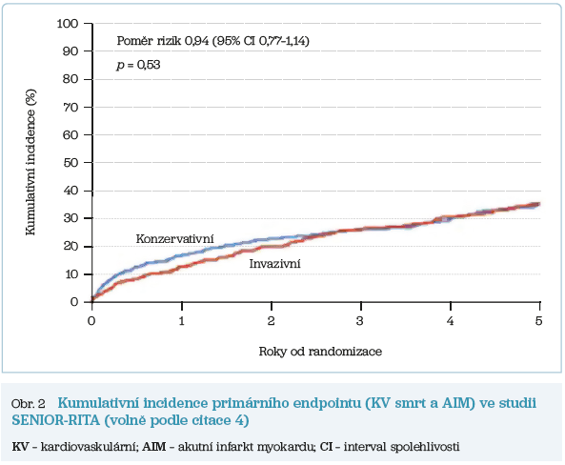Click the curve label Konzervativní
pos(173,237)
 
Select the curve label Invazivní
pos(275,264)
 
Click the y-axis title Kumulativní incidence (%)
pos(30,162)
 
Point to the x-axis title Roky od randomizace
pos(320,352)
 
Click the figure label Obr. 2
pos(28,404)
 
